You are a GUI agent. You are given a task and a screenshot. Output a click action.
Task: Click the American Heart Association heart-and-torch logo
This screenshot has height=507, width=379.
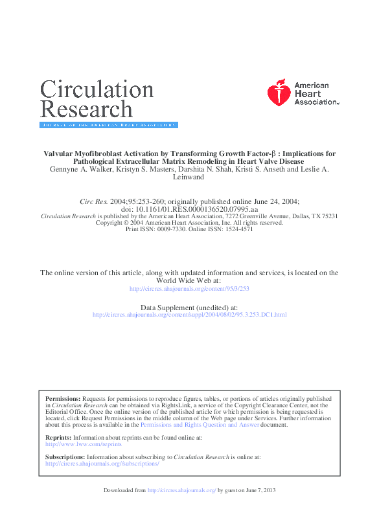[x=279, y=93]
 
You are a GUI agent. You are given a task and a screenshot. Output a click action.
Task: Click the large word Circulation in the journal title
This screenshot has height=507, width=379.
[x=97, y=90]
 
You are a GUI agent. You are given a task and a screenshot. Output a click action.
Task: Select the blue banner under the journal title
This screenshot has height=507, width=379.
[x=109, y=125]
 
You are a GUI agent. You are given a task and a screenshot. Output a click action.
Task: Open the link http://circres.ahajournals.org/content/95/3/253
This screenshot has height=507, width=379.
[x=189, y=289]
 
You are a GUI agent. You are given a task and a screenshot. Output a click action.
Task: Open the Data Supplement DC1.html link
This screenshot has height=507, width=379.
[x=189, y=315]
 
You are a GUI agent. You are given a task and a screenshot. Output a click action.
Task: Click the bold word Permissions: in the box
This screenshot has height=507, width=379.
[x=63, y=399]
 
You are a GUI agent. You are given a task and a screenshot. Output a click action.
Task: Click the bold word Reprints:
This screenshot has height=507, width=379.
[x=58, y=438]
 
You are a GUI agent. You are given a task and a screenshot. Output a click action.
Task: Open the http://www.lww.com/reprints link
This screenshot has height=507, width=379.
[x=74, y=444]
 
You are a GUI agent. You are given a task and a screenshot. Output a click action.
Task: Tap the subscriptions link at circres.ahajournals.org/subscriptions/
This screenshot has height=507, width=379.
[x=102, y=464]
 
